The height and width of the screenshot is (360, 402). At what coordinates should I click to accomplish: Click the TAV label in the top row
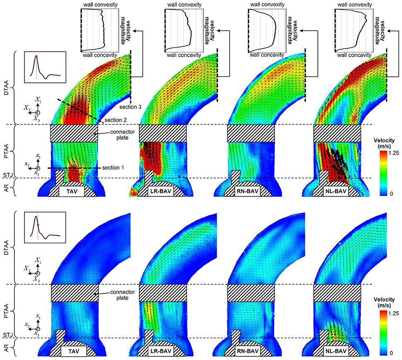(72, 191)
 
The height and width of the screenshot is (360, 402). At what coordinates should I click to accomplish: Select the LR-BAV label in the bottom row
(160, 351)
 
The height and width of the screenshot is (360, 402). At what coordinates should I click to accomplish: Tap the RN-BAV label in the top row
(247, 191)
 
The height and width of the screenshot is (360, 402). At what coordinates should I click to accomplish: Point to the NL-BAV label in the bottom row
(335, 351)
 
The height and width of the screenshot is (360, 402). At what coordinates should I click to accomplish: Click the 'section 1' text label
(113, 168)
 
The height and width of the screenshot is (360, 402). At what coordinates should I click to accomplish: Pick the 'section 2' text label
(116, 120)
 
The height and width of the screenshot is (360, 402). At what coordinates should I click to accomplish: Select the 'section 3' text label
(130, 107)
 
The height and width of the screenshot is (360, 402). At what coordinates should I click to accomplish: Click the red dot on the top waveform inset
(36, 56)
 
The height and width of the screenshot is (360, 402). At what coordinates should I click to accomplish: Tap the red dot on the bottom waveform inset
(38, 225)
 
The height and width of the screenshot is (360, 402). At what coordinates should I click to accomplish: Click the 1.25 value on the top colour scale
(394, 153)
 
